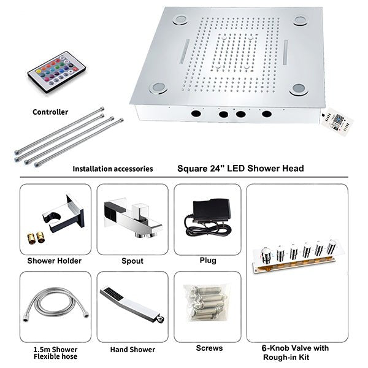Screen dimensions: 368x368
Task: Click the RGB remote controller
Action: tap(56, 72)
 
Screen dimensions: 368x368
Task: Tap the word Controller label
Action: tap(50, 112)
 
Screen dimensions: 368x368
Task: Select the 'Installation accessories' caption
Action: tap(113, 169)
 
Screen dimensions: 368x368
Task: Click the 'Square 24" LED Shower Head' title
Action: tap(240, 169)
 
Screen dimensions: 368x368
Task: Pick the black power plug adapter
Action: tap(208, 218)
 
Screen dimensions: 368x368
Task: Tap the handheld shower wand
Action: tap(132, 304)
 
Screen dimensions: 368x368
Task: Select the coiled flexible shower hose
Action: tap(56, 304)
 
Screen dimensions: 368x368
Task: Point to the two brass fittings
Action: tap(36, 237)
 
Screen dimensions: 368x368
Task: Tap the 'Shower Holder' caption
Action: tap(55, 261)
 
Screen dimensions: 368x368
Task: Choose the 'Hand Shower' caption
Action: tap(132, 350)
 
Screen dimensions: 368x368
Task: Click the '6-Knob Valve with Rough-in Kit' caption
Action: tap(295, 353)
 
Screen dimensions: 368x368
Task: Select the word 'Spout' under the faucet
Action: tap(132, 261)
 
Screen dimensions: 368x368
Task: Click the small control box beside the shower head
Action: tap(337, 122)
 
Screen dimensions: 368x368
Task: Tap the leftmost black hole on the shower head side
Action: tap(196, 113)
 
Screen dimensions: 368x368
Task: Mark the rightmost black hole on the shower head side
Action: tap(267, 114)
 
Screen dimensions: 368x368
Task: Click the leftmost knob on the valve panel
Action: tap(267, 255)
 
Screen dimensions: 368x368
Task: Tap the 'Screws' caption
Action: tap(209, 348)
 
